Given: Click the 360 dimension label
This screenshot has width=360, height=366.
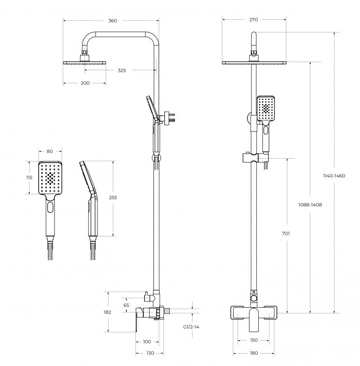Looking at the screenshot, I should tap(112, 21).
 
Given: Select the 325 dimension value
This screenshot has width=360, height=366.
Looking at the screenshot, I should tap(122, 70).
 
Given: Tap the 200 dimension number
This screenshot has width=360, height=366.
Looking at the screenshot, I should tap(85, 83).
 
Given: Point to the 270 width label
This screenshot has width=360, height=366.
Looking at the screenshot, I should tap(253, 20).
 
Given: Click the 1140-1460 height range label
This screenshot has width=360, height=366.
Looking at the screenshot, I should tap(334, 176).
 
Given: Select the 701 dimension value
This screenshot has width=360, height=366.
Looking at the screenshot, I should tap(286, 234).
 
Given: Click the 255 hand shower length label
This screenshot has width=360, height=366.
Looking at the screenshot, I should tap(113, 197).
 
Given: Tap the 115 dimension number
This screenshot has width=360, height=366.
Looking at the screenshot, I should tap(29, 177).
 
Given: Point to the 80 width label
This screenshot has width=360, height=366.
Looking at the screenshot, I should tap(50, 152).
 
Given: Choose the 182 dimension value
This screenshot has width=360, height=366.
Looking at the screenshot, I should tap(107, 312).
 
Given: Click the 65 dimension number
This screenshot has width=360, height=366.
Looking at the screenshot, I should tap(126, 305).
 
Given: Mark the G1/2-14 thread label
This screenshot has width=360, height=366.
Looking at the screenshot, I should tap(191, 327).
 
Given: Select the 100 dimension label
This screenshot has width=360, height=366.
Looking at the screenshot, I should tap(147, 341).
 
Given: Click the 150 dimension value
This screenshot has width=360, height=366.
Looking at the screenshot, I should tap(253, 340).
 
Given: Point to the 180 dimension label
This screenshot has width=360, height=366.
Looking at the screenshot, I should tap(253, 353).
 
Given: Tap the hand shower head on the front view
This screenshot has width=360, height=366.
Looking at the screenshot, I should tap(266, 109).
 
